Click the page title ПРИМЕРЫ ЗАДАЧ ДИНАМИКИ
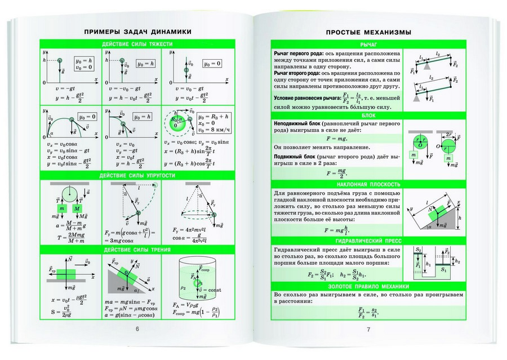click(135, 32)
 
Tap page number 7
click(368, 330)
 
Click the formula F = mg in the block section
click(339, 137)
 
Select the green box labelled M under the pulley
click(78, 208)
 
